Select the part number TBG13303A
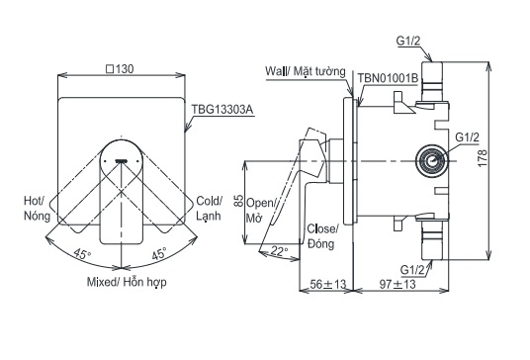point(222,110)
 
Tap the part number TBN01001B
point(388,78)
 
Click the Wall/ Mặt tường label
point(306,71)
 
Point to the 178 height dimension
point(483,157)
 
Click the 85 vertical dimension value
point(238,201)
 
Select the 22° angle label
point(280,250)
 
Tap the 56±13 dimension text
point(328,284)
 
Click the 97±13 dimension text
point(397,284)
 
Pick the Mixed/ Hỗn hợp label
point(127,282)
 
